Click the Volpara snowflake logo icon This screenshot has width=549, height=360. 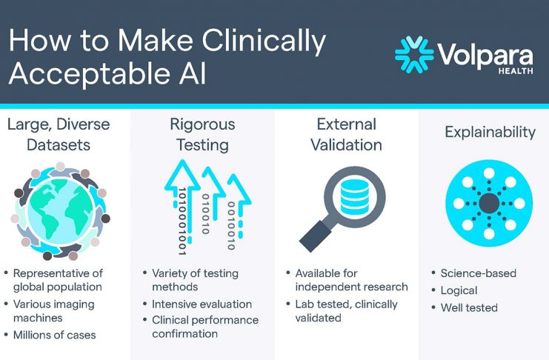(414, 55)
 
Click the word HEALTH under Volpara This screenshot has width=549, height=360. (516, 71)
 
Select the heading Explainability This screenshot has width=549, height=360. (490, 133)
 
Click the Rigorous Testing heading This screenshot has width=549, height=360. (202, 135)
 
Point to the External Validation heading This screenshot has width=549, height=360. (346, 135)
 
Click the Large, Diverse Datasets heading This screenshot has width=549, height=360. (59, 135)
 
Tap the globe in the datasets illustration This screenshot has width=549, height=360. (61, 212)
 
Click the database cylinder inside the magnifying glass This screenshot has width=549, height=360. (354, 197)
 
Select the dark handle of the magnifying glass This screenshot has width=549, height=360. (315, 236)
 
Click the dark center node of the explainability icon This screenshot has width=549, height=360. (489, 204)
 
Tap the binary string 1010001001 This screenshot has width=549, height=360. (182, 221)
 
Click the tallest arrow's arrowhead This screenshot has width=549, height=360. (182, 175)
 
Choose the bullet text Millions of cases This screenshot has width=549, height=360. (54, 335)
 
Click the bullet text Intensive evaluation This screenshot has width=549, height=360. (202, 304)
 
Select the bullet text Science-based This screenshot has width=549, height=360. (479, 273)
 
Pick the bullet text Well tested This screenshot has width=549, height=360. (469, 308)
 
